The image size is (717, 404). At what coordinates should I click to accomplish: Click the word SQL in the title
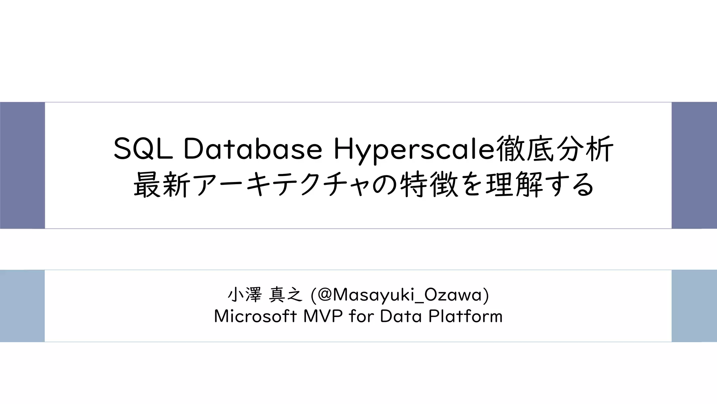click(143, 149)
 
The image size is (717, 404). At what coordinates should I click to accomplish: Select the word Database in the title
click(252, 149)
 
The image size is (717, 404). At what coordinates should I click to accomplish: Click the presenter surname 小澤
click(244, 295)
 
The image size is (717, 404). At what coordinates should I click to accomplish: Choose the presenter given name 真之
click(285, 295)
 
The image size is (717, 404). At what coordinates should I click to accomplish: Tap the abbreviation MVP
click(323, 316)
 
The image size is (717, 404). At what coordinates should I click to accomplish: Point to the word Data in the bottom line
click(401, 316)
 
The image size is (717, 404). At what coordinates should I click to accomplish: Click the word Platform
click(465, 316)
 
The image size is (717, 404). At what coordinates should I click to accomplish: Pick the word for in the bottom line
click(361, 316)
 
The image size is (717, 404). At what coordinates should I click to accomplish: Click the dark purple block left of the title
click(22, 165)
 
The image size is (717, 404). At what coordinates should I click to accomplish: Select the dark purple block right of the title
click(694, 165)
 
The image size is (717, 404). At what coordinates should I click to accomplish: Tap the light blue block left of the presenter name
click(22, 306)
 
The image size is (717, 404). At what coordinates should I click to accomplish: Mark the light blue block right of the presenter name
click(694, 306)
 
